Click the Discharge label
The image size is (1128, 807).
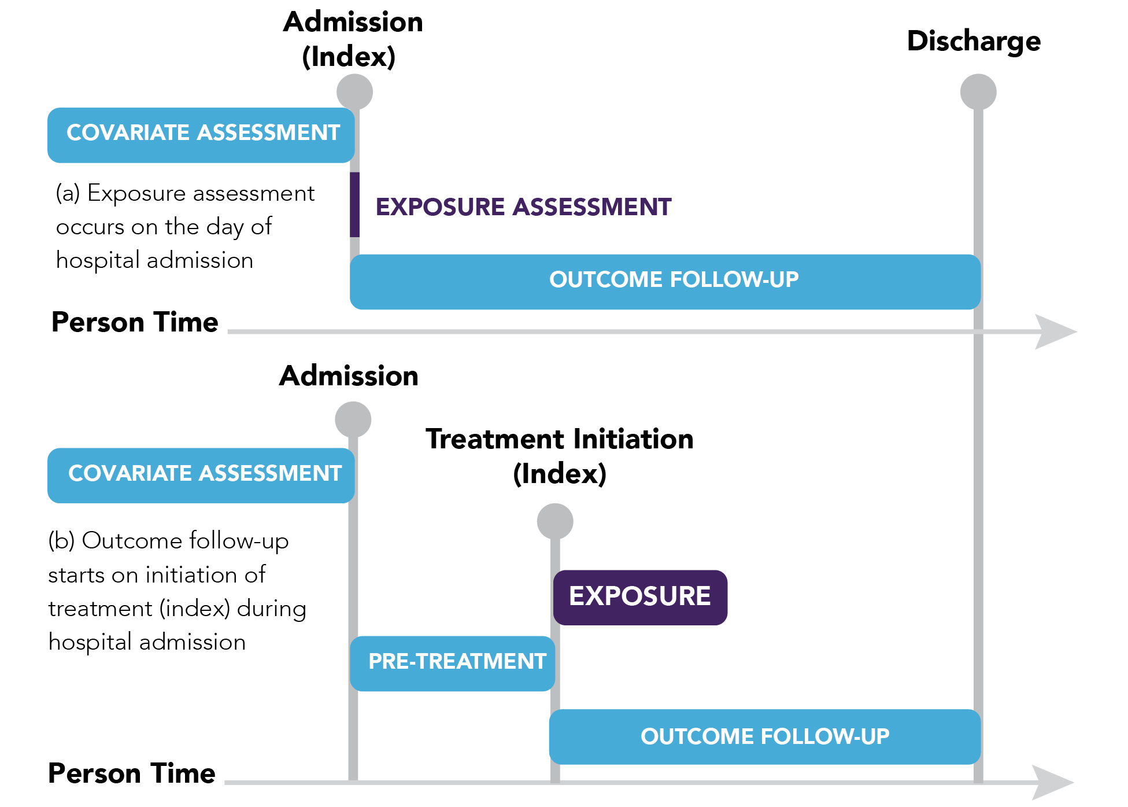click(x=974, y=42)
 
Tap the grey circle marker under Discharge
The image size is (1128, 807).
click(x=978, y=91)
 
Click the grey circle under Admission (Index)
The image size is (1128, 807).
click(x=354, y=91)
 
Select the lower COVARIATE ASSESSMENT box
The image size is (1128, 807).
click(x=201, y=475)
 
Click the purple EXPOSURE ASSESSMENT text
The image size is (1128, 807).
click(x=523, y=207)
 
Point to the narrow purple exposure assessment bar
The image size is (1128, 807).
click(x=354, y=204)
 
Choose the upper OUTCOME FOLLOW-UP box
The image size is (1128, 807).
click(x=665, y=281)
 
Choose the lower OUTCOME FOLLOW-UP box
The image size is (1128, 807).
click(x=764, y=736)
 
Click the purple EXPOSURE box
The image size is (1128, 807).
click(x=640, y=597)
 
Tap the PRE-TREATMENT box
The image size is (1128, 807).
click(x=452, y=663)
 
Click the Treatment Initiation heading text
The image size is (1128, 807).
click(x=559, y=439)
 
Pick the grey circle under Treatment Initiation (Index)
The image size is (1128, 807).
click(x=555, y=521)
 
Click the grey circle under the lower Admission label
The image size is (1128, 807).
click(x=353, y=419)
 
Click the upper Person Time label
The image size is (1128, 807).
click(x=135, y=322)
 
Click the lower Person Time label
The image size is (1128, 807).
click(x=132, y=773)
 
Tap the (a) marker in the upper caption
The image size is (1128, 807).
click(x=68, y=193)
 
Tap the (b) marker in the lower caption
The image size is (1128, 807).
click(x=61, y=541)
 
